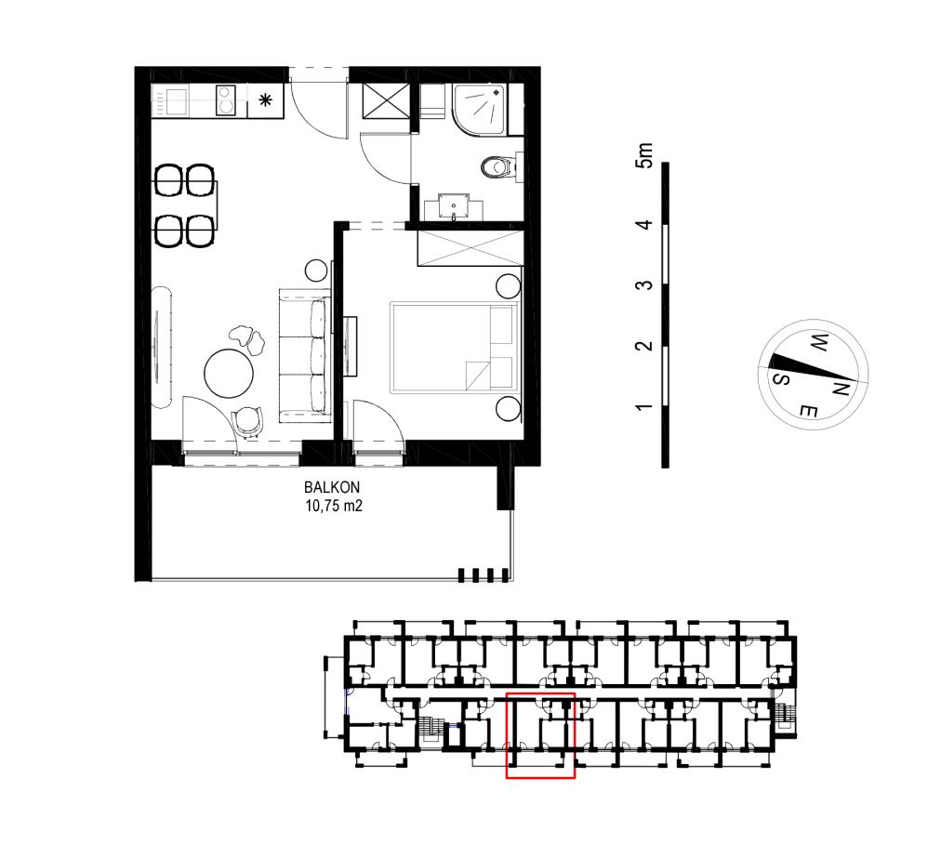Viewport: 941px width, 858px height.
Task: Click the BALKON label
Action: (332, 487)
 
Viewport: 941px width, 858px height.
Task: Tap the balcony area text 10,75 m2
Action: (334, 506)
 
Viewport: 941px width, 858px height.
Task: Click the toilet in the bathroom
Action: (497, 166)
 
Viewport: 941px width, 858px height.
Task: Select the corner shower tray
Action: (480, 109)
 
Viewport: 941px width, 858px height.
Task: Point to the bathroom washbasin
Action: (454, 207)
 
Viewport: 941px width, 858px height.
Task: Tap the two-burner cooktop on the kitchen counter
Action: (225, 100)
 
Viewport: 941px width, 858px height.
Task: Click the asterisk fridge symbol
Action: (265, 100)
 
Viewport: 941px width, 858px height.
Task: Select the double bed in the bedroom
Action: (455, 348)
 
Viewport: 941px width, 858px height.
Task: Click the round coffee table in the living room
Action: (229, 373)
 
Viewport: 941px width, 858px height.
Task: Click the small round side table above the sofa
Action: (315, 271)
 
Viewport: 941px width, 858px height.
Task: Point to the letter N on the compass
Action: (840, 390)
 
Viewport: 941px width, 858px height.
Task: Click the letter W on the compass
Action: (819, 343)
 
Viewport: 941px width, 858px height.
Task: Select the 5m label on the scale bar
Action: (644, 155)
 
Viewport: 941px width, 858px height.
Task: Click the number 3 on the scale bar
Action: (644, 284)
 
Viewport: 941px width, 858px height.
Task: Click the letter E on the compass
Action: (808, 412)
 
